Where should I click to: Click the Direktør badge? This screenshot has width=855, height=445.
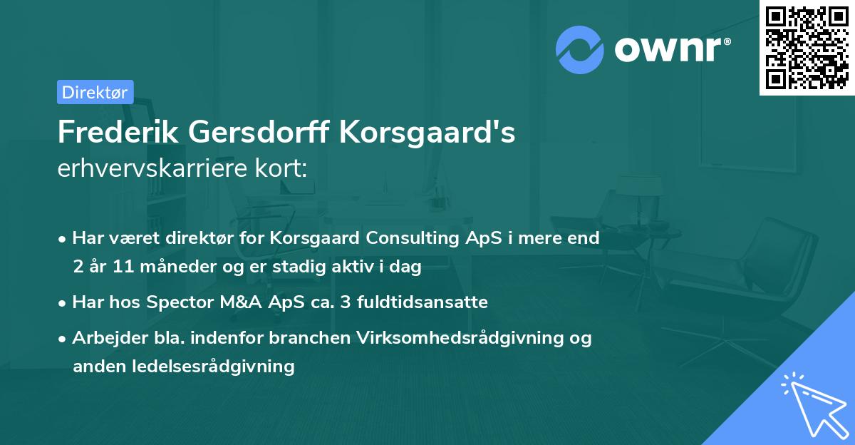tap(95, 92)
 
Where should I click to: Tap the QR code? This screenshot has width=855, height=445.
tap(806, 47)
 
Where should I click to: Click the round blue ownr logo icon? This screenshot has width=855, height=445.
tap(580, 51)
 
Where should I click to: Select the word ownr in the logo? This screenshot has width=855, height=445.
tap(670, 51)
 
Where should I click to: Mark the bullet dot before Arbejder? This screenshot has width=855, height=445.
tap(63, 338)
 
